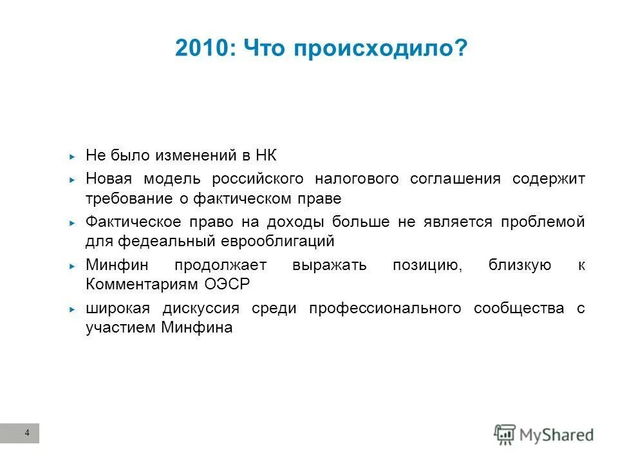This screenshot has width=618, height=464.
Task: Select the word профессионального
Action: click(x=385, y=308)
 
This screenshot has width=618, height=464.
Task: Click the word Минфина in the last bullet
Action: click(x=198, y=327)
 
